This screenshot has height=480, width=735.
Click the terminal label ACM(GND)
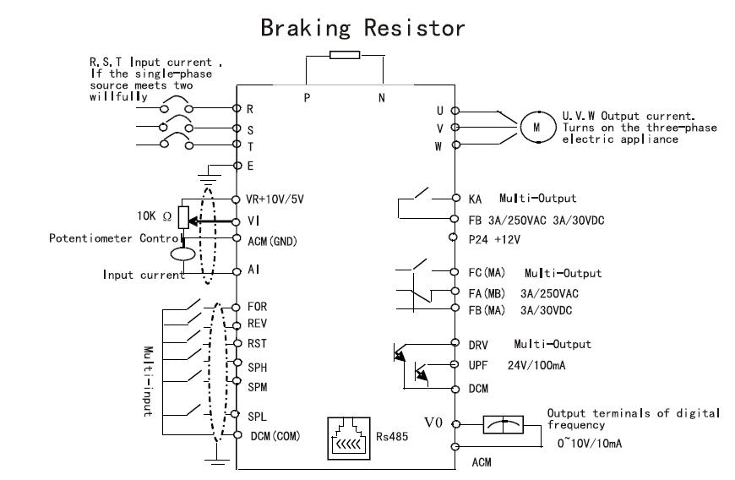pos(278,240)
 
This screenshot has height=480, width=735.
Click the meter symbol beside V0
pos(504,426)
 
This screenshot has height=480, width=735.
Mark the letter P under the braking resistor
pos(308,97)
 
